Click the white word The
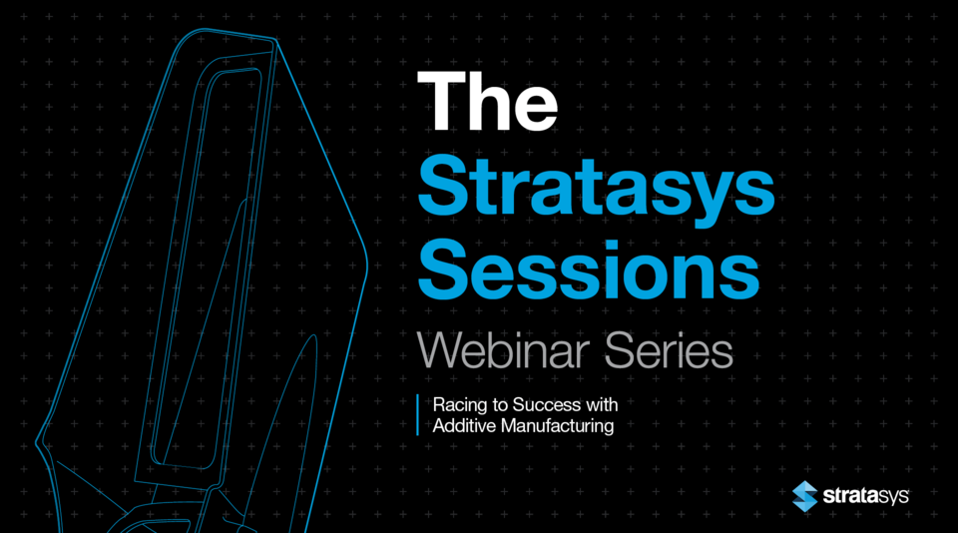click(x=488, y=101)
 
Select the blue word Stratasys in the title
click(x=597, y=186)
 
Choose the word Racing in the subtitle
click(x=455, y=405)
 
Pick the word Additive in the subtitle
click(x=460, y=425)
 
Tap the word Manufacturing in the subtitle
click(x=563, y=425)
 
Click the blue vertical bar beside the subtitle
click(x=417, y=414)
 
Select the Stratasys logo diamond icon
click(x=805, y=495)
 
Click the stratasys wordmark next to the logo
click(x=865, y=495)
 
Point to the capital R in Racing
click(x=438, y=405)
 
